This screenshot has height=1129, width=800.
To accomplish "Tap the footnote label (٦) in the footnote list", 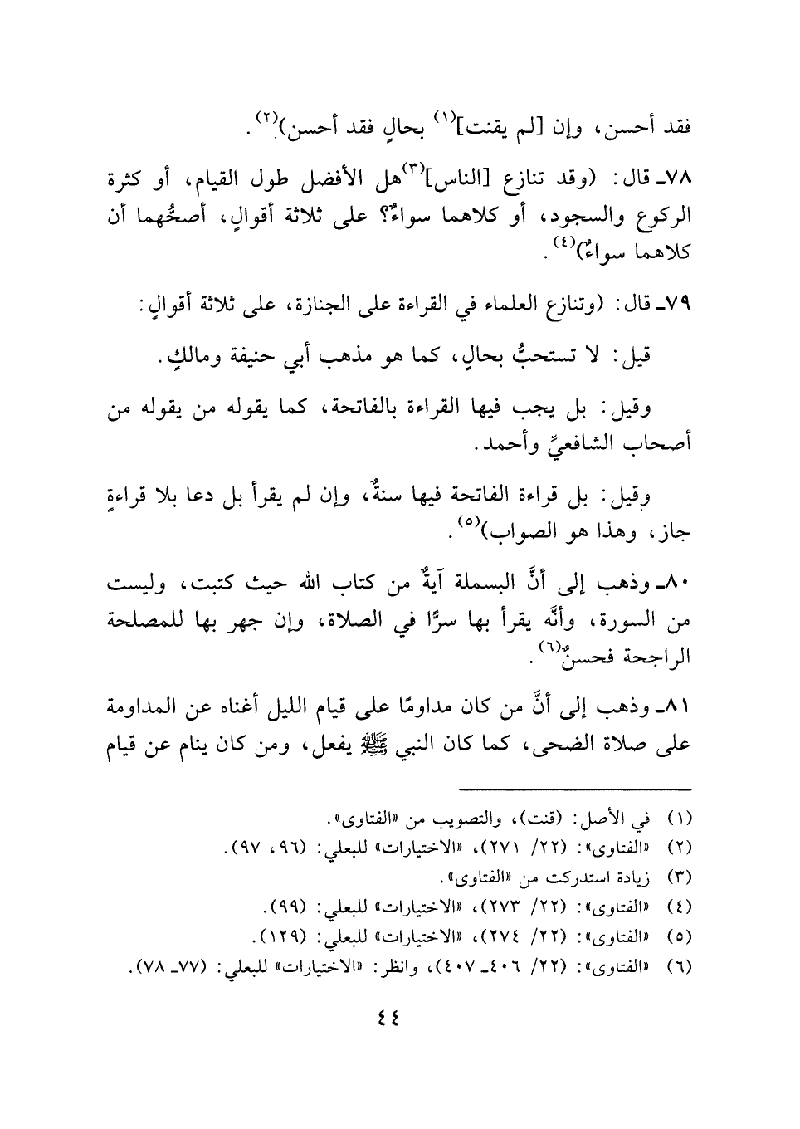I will (680, 968).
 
